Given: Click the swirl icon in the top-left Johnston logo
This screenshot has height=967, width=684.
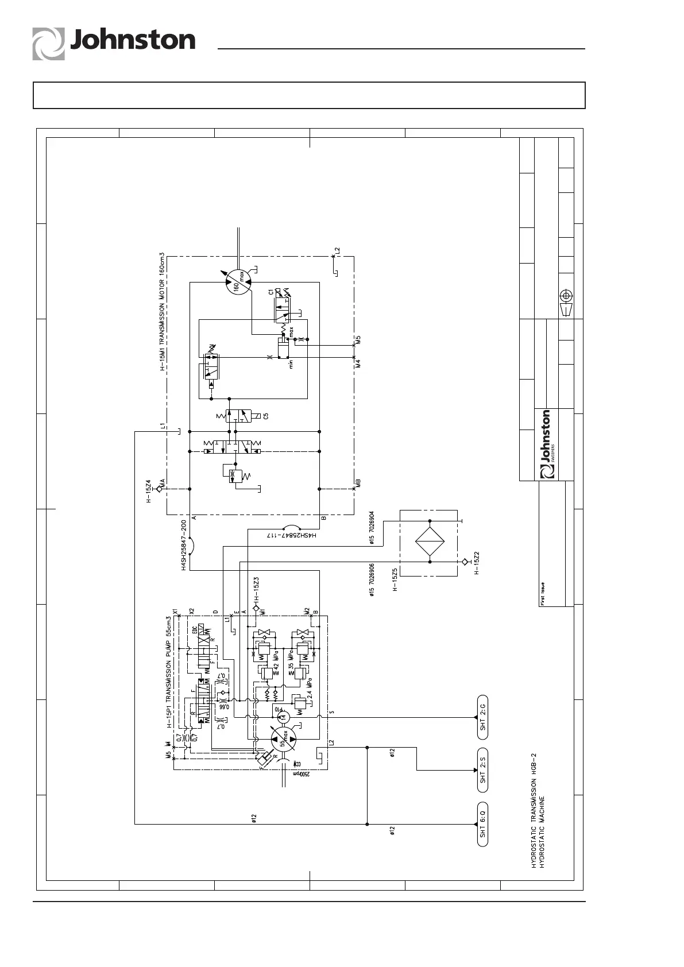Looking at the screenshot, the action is (x=48, y=44).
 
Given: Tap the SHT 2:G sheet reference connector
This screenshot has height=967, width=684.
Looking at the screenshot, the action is (x=482, y=717).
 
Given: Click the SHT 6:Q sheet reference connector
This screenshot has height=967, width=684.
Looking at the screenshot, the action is (x=482, y=825).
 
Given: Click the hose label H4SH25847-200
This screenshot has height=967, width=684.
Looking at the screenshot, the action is (x=184, y=545).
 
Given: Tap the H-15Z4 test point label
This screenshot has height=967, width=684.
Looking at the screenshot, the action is (x=148, y=491).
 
